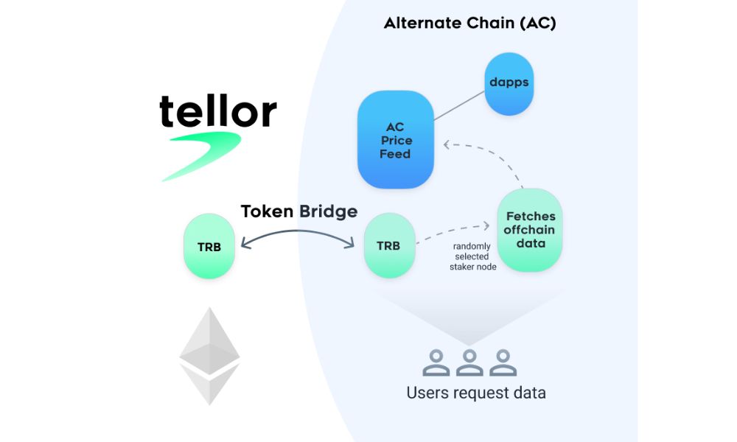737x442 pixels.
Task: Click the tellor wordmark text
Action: pos(218,111)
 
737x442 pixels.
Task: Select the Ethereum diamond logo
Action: pos(209,356)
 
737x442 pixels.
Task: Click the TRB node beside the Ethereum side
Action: pos(209,246)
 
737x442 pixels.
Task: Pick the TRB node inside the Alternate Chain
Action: pos(389,246)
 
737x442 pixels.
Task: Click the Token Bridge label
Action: pos(298,211)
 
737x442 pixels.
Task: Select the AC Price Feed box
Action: pos(395,140)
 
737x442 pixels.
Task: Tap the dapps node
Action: pos(509,83)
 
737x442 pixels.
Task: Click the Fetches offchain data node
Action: pos(530,230)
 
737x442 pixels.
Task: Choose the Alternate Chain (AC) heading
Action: pos(469,23)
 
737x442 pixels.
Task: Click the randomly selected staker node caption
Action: pos(472,256)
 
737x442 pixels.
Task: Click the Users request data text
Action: pos(476,392)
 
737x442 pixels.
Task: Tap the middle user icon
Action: pos(469,362)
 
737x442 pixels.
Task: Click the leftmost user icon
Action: pos(436,362)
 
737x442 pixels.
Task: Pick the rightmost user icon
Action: pos(503,362)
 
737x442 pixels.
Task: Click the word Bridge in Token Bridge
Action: pos(328,211)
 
